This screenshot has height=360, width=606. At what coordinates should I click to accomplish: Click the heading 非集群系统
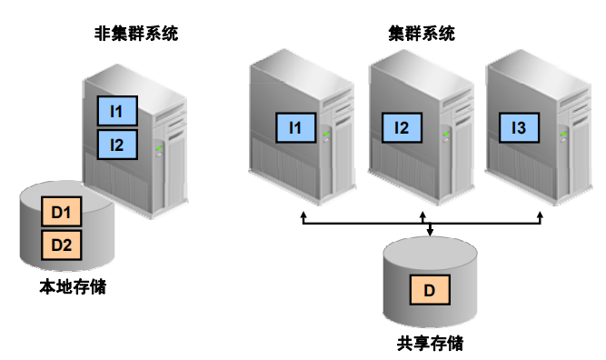(x=136, y=34)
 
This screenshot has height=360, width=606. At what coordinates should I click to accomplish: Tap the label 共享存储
(x=429, y=344)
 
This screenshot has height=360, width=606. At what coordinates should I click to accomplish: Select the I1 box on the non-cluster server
(x=117, y=112)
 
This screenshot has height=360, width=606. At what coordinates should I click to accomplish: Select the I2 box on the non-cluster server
(x=117, y=144)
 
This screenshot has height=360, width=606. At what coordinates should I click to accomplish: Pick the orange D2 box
(x=61, y=245)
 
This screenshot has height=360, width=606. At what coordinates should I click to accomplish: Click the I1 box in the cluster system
(x=294, y=129)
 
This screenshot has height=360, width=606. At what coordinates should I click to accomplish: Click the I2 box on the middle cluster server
(x=401, y=129)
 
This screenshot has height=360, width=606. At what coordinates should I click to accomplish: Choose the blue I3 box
(x=519, y=129)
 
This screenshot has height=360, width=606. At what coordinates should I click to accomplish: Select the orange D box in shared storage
(x=429, y=291)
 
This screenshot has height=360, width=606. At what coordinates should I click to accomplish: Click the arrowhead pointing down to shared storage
(x=429, y=233)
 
